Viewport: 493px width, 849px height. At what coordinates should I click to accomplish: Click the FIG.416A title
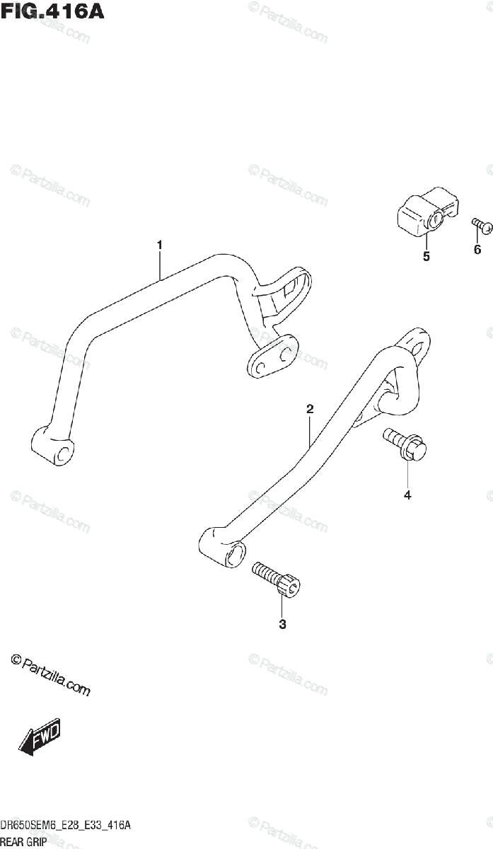[x=52, y=12]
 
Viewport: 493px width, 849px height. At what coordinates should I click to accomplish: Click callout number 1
[x=160, y=245]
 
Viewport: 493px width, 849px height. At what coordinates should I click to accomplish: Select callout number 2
[x=310, y=409]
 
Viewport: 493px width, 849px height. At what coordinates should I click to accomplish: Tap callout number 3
[x=282, y=624]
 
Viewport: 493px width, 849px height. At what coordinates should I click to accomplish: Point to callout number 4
[x=407, y=495]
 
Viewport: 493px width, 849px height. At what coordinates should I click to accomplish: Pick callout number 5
[x=426, y=257]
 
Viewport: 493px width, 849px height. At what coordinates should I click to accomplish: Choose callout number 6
[x=477, y=250]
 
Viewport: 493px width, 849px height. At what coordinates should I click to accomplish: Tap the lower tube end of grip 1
[x=54, y=446]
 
